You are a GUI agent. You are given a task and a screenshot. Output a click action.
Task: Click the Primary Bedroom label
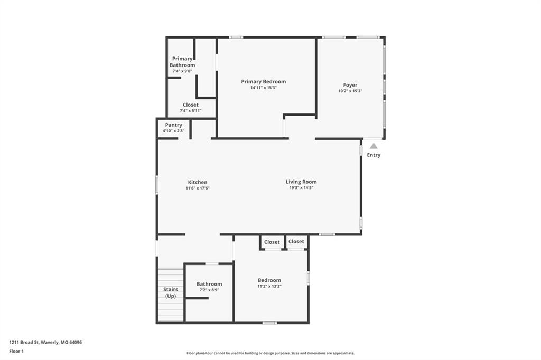click(x=263, y=82)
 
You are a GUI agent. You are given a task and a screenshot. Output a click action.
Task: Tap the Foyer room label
click(x=350, y=85)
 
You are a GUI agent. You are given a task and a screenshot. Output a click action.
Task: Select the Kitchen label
click(x=198, y=182)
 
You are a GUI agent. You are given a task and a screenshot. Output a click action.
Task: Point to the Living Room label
click(x=301, y=182)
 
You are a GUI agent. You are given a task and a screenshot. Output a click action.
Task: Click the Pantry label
click(x=173, y=125)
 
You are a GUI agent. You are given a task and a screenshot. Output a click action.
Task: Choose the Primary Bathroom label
click(x=182, y=62)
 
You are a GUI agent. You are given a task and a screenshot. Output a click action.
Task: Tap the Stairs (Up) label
click(x=171, y=293)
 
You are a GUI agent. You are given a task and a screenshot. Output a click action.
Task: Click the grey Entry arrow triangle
click(x=374, y=146)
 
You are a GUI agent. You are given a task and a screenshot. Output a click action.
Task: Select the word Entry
click(x=374, y=155)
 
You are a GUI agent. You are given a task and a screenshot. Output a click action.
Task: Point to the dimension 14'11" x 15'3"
click(x=264, y=88)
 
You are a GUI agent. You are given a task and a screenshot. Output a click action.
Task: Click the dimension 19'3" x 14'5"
click(x=301, y=187)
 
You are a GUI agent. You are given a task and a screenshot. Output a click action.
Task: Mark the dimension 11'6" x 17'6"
click(x=198, y=188)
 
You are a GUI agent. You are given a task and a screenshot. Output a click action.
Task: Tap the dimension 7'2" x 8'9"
click(x=209, y=290)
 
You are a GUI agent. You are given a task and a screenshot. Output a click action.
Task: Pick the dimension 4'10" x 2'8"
click(x=173, y=131)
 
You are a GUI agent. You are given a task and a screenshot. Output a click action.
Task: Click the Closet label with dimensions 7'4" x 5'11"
click(x=190, y=105)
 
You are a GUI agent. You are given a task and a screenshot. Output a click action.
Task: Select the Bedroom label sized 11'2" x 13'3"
click(x=269, y=280)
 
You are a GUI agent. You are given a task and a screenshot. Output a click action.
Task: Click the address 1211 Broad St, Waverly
click(x=45, y=343)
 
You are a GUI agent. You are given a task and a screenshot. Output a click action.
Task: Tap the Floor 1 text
click(x=16, y=352)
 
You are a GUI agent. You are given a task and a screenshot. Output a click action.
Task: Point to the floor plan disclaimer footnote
click(x=270, y=353)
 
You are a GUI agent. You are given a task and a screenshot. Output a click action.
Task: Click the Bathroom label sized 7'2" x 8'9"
click(x=209, y=284)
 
